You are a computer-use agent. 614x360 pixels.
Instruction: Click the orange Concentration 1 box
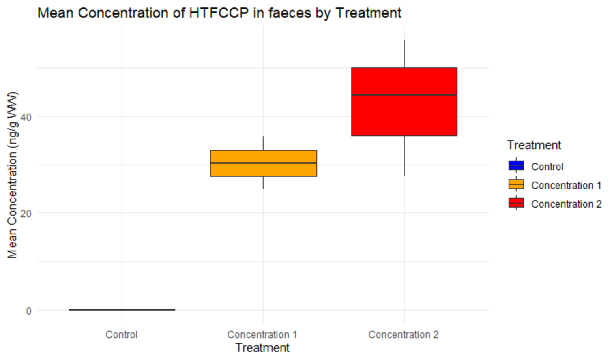point(263,169)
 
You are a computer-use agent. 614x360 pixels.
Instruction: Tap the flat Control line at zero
point(122,310)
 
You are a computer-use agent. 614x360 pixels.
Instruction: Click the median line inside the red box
point(404,95)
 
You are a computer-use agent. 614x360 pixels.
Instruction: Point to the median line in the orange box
point(263,163)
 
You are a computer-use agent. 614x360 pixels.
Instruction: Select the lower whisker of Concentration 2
point(404,156)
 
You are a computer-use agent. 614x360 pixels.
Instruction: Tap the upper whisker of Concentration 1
point(263,143)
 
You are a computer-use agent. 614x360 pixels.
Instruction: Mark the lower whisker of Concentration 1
point(263,182)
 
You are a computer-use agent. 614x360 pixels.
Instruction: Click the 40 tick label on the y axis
point(26,117)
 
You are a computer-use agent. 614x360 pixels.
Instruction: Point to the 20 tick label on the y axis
point(26,214)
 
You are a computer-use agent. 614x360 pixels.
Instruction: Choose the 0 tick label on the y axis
point(28,311)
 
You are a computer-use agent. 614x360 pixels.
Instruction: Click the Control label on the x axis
point(122,334)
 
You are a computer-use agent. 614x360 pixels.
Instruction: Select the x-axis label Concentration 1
point(262,334)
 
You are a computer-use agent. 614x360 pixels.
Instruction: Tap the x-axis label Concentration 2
point(403,334)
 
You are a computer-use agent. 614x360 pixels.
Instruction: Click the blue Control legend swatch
point(516,166)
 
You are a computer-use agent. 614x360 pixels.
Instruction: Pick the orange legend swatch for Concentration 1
point(516,185)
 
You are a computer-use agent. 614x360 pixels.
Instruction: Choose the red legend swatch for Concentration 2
point(516,204)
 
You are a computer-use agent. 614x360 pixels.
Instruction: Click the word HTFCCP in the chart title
point(219,13)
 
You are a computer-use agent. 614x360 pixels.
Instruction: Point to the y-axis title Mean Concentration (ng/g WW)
point(12,175)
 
